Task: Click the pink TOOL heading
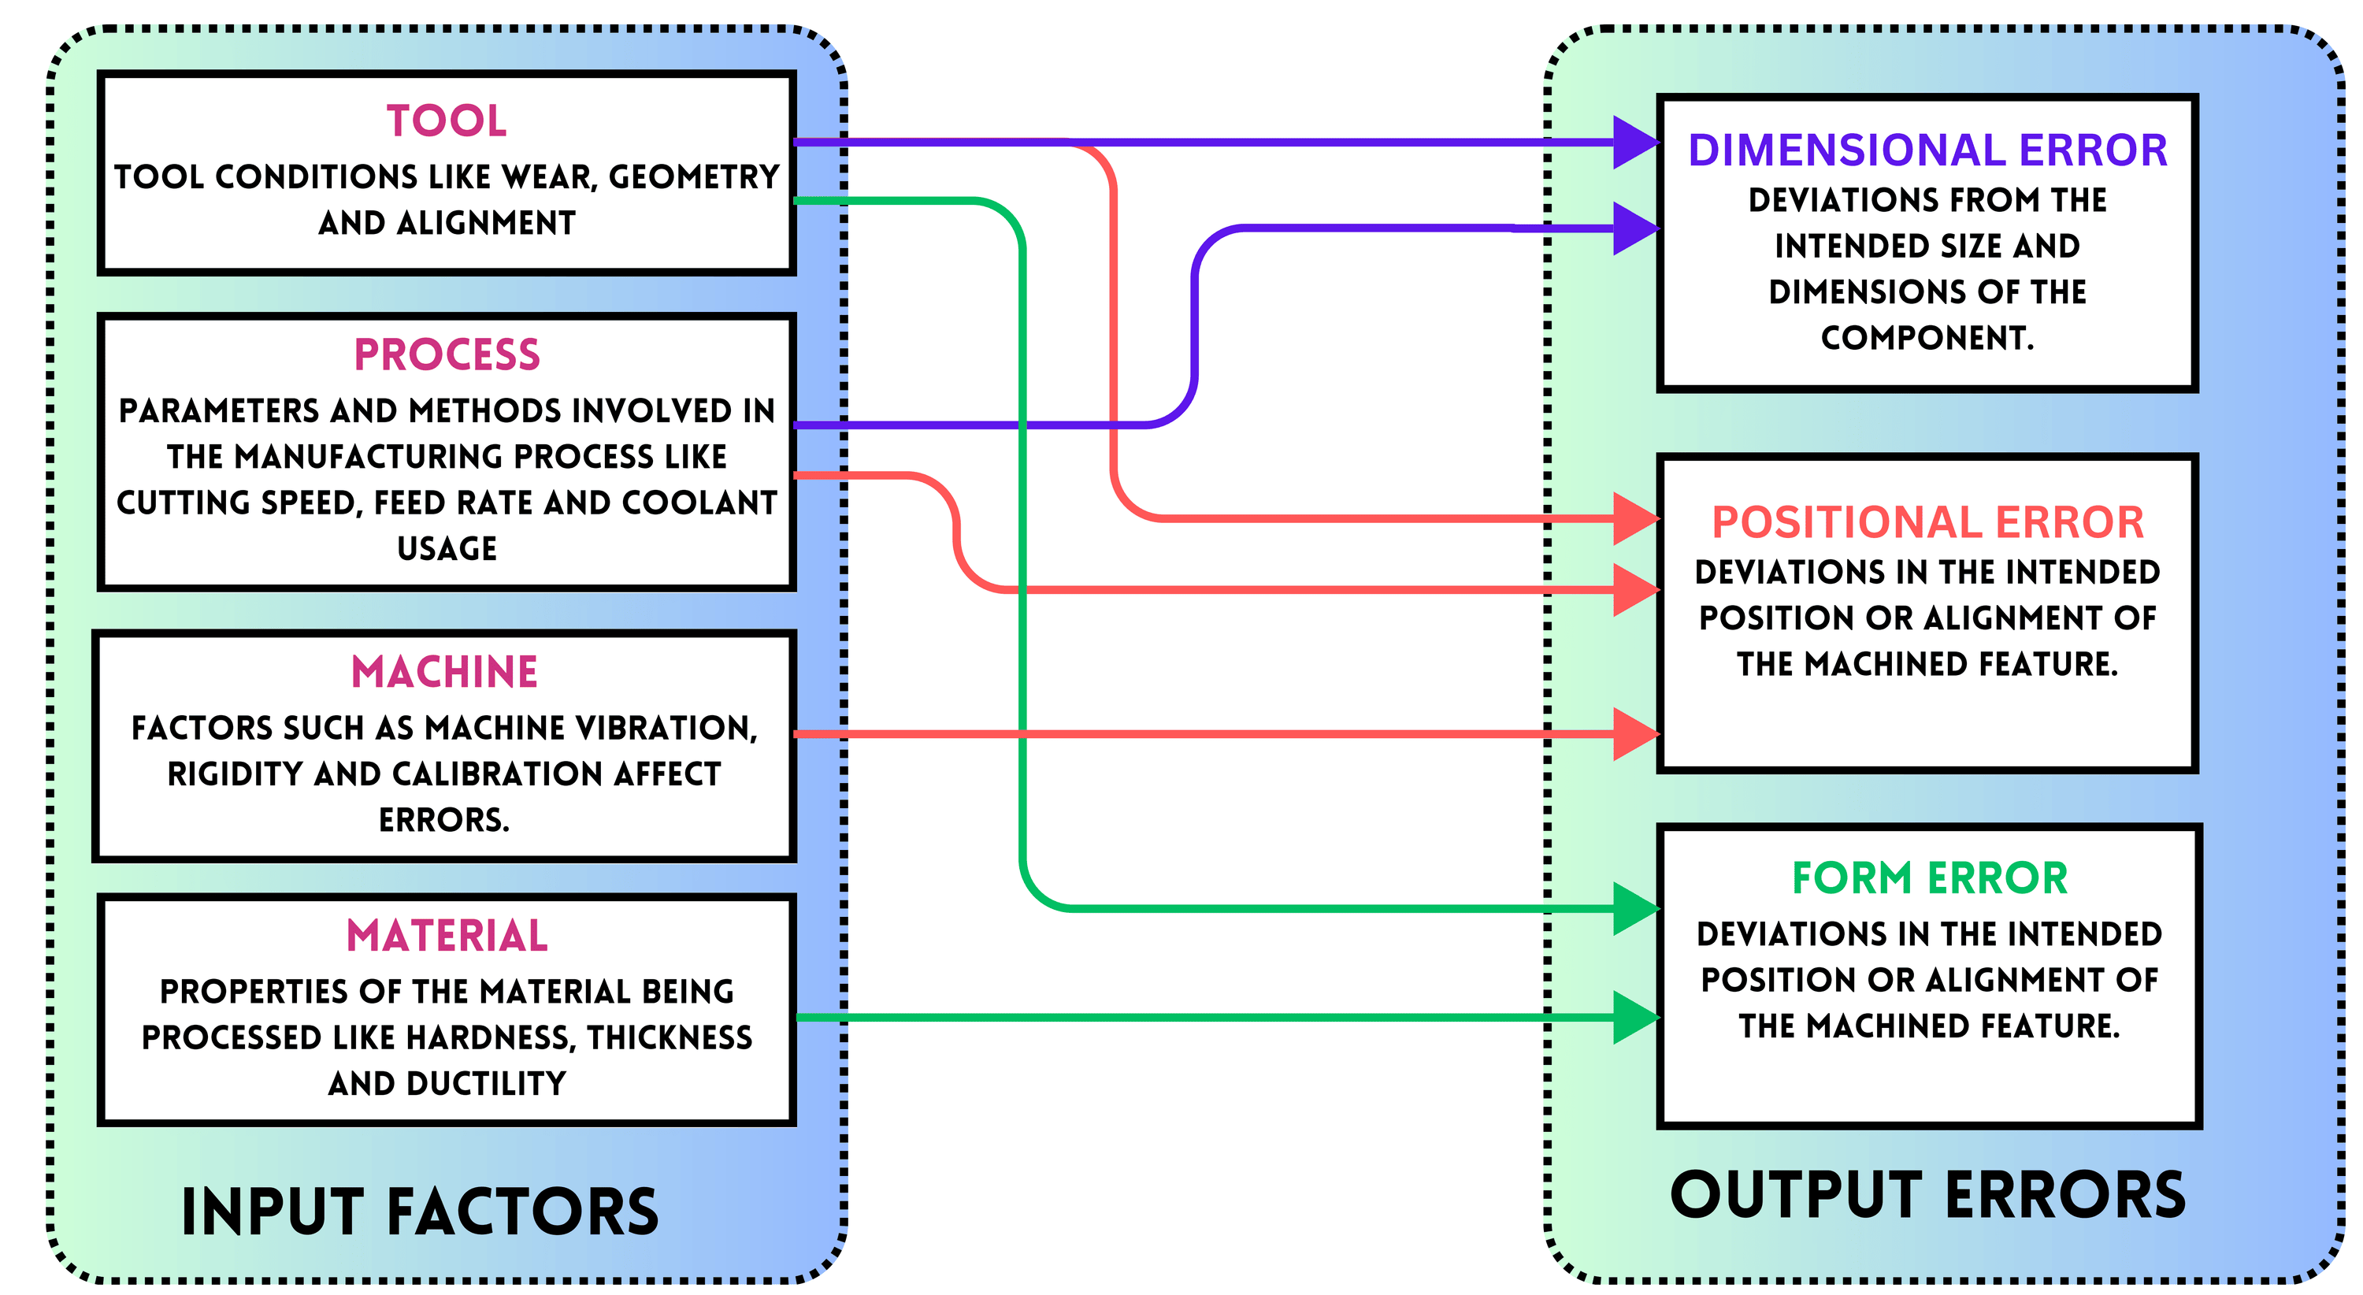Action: (x=446, y=121)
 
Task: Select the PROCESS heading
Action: (x=447, y=355)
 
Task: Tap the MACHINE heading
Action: (x=445, y=671)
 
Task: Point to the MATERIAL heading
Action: (x=447, y=936)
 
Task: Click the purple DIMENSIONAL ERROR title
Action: (x=1927, y=150)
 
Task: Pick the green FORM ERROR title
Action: (x=1929, y=878)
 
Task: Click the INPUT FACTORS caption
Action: (x=420, y=1212)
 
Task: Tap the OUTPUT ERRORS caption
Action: (x=1927, y=1195)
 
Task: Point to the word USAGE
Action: (x=447, y=548)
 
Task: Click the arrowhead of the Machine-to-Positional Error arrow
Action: (x=1635, y=733)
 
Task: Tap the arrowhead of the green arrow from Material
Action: (x=1635, y=1017)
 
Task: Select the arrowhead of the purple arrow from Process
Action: (x=1635, y=228)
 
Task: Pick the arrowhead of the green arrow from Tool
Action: (x=1635, y=909)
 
